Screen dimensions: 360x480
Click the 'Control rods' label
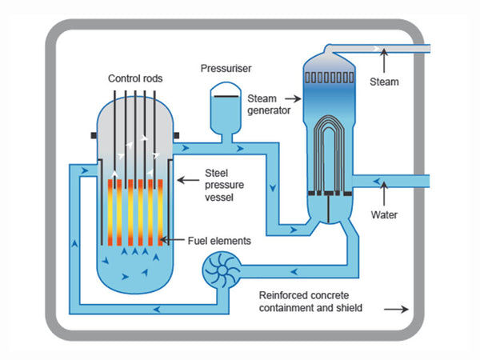tap(135, 78)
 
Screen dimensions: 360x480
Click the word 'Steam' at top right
tap(384, 81)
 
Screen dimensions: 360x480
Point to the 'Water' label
tap(384, 214)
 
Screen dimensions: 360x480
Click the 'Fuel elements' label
tap(219, 240)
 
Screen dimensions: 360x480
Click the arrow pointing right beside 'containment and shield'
tap(398, 307)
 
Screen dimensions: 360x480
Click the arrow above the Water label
tap(384, 193)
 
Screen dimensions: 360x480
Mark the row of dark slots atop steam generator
tap(330, 79)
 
